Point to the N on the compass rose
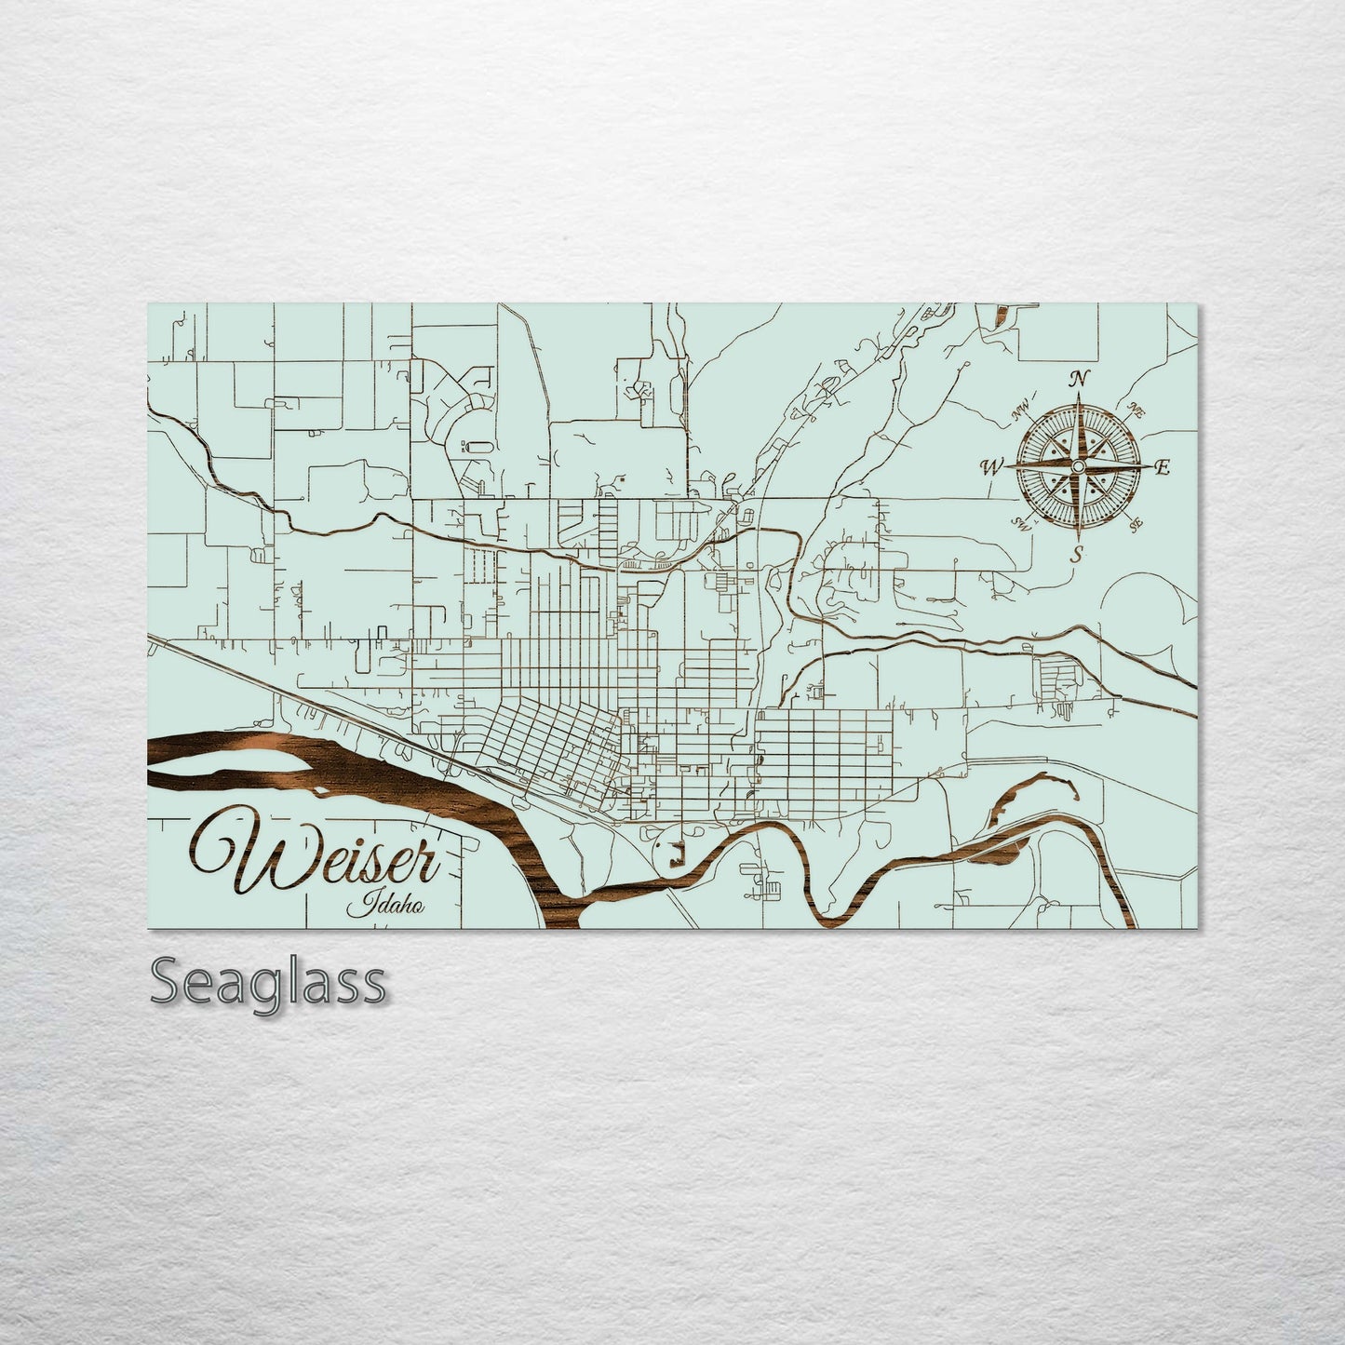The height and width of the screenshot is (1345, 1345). point(1079,379)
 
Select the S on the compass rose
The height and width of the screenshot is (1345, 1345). point(1077,555)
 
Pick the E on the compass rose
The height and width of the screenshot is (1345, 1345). point(1161,468)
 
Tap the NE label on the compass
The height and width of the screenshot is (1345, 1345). point(1135,409)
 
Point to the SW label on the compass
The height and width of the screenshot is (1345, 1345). point(1022,524)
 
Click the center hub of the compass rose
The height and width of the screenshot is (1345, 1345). point(1078,464)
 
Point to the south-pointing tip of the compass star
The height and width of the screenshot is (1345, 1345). point(1078,541)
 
